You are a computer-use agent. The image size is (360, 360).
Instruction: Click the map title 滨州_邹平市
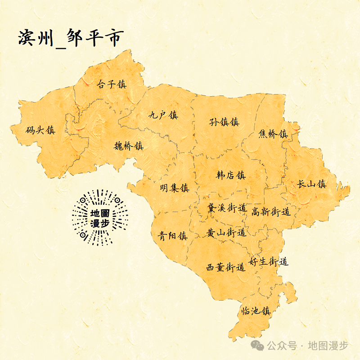pyautogui.click(x=70, y=38)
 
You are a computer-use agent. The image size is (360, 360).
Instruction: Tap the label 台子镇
pyautogui.click(x=112, y=84)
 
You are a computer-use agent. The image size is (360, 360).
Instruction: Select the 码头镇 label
pyautogui.click(x=40, y=130)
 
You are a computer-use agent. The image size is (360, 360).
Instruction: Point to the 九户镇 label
pyautogui.click(x=163, y=115)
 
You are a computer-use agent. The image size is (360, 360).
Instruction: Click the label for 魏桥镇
pyautogui.click(x=128, y=146)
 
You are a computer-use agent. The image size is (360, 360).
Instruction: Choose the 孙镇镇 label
pyautogui.click(x=224, y=122)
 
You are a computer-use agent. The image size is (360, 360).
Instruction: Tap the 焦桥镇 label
pyautogui.click(x=273, y=134)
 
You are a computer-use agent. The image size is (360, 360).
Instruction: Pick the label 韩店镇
pyautogui.click(x=231, y=175)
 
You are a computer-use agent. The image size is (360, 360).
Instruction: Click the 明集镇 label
pyautogui.click(x=175, y=188)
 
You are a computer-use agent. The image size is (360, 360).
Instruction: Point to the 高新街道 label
pyautogui.click(x=270, y=211)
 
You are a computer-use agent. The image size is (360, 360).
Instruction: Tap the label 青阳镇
pyautogui.click(x=172, y=235)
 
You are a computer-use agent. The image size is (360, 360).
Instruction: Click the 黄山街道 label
pyautogui.click(x=226, y=233)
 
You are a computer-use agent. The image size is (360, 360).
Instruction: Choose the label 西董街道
pyautogui.click(x=225, y=267)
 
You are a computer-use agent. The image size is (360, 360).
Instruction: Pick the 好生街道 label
pyautogui.click(x=268, y=261)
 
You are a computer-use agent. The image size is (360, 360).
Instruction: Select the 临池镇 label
pyautogui.click(x=256, y=311)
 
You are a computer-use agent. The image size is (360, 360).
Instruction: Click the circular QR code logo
pyautogui.click(x=99, y=218)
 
